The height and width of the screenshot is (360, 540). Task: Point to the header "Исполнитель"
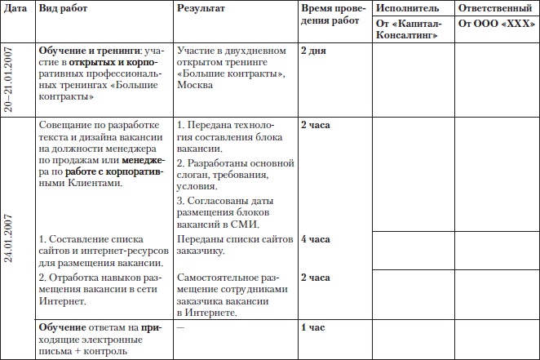tap(407, 7)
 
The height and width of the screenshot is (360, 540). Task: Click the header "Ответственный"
tap(497, 7)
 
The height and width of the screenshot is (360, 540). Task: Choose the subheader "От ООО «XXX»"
tap(494, 23)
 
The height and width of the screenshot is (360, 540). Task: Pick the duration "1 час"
tap(313, 327)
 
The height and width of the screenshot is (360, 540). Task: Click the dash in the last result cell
tap(180, 327)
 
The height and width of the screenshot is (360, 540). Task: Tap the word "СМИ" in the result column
tap(247, 224)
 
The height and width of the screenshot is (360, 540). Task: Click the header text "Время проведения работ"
tap(330, 15)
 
